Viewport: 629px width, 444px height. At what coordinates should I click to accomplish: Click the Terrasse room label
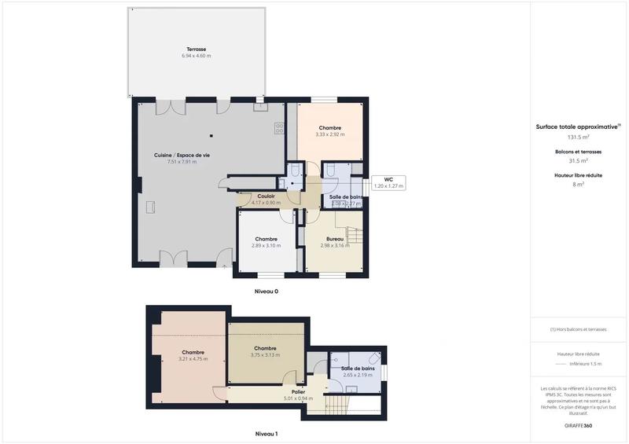click(197, 49)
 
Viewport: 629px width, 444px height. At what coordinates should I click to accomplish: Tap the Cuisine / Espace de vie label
click(182, 155)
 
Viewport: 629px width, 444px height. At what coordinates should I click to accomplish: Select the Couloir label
click(266, 196)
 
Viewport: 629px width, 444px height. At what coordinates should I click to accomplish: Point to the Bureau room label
click(337, 238)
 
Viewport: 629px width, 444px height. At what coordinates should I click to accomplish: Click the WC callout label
click(388, 180)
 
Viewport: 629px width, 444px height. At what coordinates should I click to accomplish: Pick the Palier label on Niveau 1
click(298, 391)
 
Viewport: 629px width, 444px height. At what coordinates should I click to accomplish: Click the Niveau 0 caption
click(266, 292)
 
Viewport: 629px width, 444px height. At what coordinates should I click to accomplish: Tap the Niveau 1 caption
click(266, 433)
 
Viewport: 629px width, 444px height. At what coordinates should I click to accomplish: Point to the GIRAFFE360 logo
click(579, 425)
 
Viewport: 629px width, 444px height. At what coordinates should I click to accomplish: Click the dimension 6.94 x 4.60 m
click(197, 56)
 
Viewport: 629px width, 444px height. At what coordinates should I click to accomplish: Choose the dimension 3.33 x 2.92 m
click(330, 134)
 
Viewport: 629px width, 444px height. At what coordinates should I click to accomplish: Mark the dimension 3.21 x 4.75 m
click(193, 359)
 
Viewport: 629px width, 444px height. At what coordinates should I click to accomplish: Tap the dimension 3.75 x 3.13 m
click(265, 354)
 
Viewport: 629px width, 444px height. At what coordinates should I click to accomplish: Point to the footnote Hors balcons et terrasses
click(579, 329)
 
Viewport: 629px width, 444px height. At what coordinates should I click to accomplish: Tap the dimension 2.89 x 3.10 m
click(266, 246)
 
